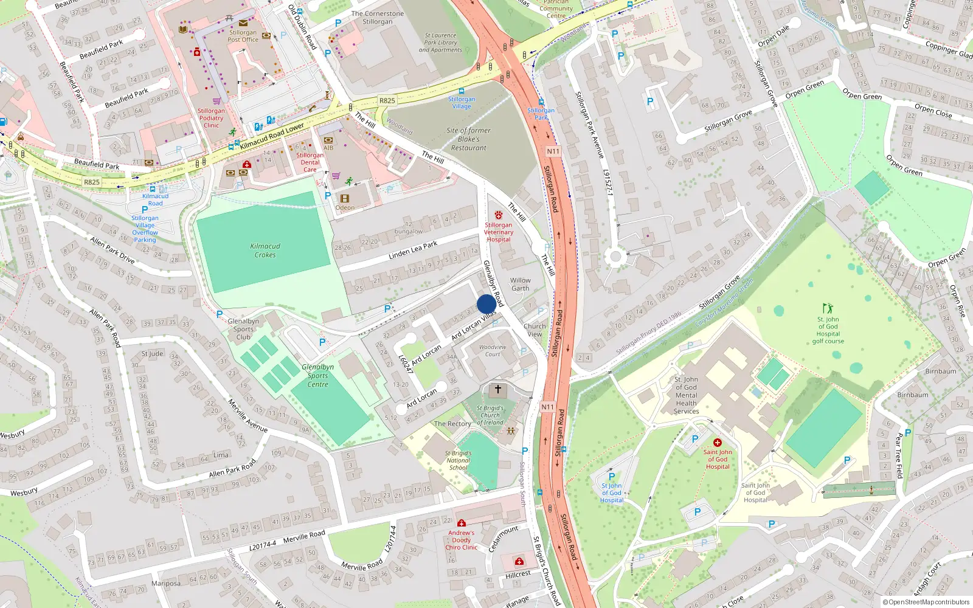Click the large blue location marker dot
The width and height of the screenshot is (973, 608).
coord(486,303)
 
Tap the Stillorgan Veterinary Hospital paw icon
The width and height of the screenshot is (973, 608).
coord(499,215)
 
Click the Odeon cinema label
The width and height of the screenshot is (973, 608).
coord(345,207)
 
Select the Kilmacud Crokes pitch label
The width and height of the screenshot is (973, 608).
coord(265,250)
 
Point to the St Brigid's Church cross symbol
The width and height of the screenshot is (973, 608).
coord(497,389)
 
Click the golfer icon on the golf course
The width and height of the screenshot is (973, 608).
coord(828,308)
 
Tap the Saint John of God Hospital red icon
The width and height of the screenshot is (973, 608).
coord(717,443)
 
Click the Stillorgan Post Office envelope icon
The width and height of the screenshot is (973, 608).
coord(243,22)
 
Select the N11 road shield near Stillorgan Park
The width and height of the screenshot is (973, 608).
coord(553,151)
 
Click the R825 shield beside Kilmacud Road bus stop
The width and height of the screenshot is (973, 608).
coord(92,182)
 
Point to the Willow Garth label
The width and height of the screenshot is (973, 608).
coord(520,284)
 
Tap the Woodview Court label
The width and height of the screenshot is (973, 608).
coord(493,350)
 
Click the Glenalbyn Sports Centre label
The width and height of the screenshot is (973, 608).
coord(317,375)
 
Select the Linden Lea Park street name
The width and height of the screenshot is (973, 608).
coord(413,250)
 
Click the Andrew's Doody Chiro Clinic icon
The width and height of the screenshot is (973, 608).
coord(462,523)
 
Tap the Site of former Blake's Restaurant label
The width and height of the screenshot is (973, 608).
coord(468,139)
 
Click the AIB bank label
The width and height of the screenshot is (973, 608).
coord(328,148)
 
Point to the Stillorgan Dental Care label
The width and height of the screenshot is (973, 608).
coord(310,162)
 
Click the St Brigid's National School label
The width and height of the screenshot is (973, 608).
coord(458,460)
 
